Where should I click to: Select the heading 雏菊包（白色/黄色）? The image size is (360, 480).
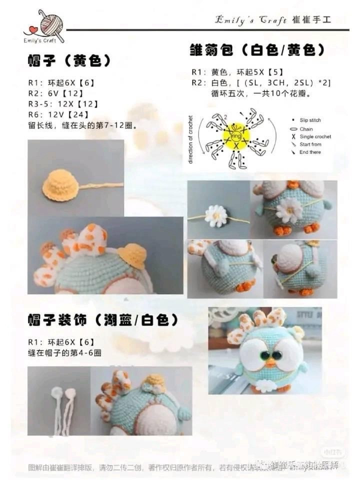[257, 50]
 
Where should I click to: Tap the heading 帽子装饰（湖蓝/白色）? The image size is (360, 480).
[102, 320]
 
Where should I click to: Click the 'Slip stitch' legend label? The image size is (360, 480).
[310, 120]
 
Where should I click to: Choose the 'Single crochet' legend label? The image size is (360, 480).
[315, 136]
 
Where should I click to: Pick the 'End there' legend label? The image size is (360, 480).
[310, 152]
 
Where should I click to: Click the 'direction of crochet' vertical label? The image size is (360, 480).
[190, 139]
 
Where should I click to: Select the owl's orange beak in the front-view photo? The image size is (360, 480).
[271, 362]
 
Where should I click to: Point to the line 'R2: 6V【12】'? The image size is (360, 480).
[55, 93]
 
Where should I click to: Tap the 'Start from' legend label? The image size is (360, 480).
[310, 144]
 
